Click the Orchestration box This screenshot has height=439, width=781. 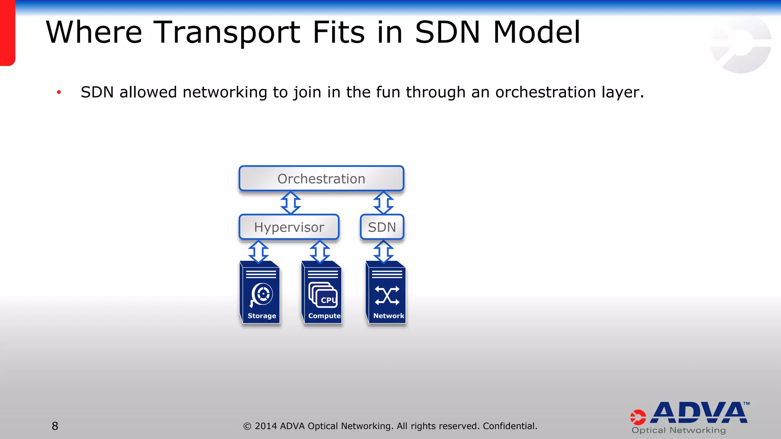(x=321, y=178)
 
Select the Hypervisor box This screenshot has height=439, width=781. (x=289, y=227)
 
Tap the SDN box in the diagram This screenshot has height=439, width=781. (x=382, y=227)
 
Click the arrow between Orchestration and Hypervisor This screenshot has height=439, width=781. (x=291, y=203)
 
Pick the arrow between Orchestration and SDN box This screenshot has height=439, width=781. (x=383, y=203)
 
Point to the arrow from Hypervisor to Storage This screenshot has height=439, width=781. (x=259, y=252)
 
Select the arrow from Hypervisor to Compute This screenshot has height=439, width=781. (x=320, y=252)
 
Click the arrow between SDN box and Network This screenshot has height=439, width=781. (x=383, y=252)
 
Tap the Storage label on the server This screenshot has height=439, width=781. (x=262, y=316)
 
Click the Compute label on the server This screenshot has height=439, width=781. (x=324, y=316)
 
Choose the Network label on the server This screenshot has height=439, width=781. (x=389, y=316)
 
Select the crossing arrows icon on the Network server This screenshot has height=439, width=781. (x=387, y=296)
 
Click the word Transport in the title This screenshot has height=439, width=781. (x=227, y=32)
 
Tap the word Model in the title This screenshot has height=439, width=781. (x=537, y=32)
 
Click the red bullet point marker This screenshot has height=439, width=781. (x=59, y=92)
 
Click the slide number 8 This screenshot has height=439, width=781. (x=55, y=426)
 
